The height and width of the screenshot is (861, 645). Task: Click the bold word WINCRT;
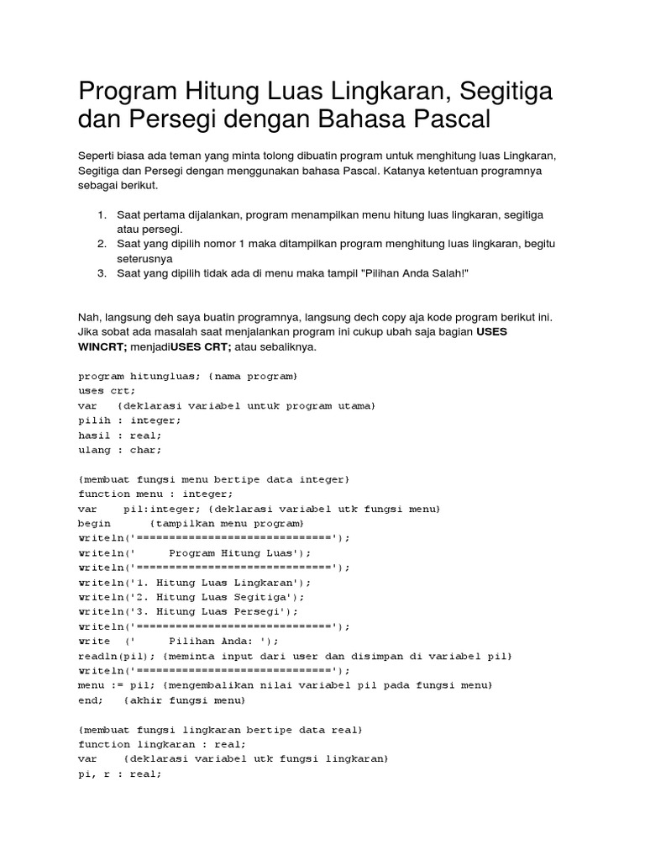click(x=102, y=347)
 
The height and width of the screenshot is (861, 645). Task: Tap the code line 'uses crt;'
click(x=107, y=390)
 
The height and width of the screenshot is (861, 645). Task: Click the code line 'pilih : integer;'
click(x=129, y=420)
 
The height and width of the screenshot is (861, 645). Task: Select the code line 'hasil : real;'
click(x=120, y=435)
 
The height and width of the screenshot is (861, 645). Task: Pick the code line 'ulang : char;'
click(x=120, y=450)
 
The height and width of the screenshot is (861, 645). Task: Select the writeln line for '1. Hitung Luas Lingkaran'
click(x=195, y=582)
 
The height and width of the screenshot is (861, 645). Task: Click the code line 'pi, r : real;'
click(x=120, y=774)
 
